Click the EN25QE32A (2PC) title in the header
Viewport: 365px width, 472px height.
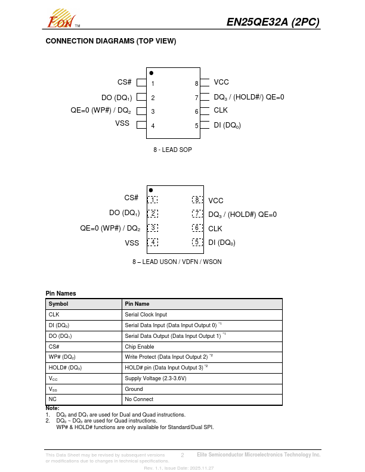(x=273, y=22)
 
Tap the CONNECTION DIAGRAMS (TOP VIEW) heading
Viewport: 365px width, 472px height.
(x=111, y=41)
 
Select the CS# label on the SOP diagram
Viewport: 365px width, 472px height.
(x=125, y=82)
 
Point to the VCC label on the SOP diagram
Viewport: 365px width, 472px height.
(x=221, y=82)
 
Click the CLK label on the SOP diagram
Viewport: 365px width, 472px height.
(x=221, y=110)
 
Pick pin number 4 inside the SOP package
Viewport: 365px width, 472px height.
(x=153, y=126)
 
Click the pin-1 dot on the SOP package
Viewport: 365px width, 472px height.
(x=151, y=73)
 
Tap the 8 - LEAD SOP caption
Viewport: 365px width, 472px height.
(x=173, y=150)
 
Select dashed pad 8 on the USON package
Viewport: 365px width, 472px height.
(x=197, y=200)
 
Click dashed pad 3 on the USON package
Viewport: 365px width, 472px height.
(x=153, y=228)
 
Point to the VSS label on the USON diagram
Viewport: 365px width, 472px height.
(x=132, y=243)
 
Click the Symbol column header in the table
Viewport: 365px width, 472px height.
(x=58, y=304)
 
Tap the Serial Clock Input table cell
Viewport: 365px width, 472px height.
(x=146, y=314)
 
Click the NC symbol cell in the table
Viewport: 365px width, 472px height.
(x=52, y=399)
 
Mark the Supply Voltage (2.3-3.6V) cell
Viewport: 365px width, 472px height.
(x=156, y=378)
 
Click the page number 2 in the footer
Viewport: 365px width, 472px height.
(x=182, y=455)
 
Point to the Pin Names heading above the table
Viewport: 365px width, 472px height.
(x=61, y=293)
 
